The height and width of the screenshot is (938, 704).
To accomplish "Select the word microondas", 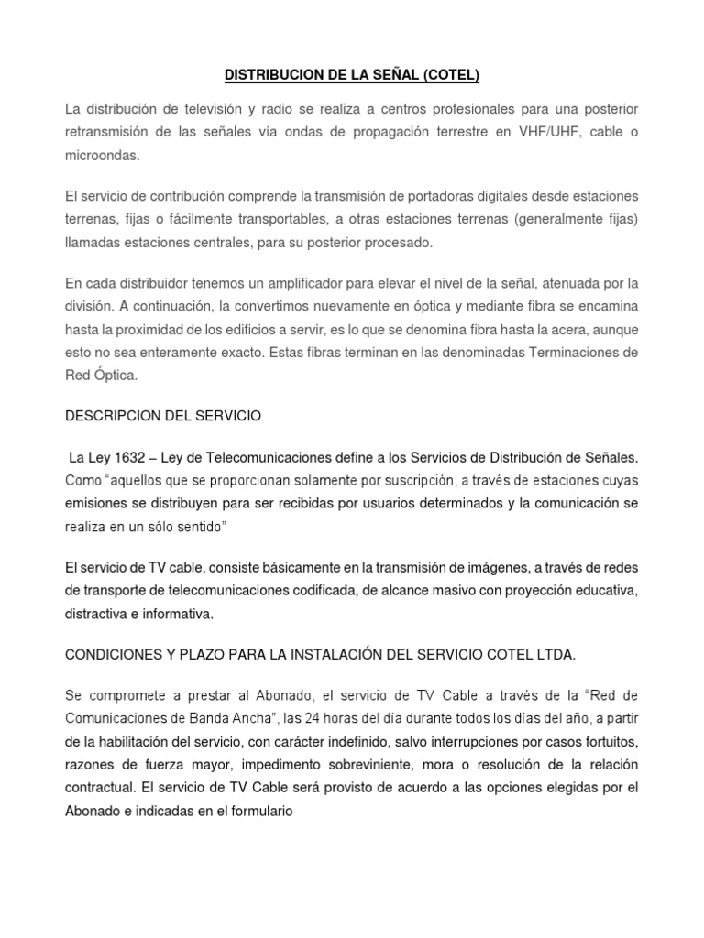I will pyautogui.click(x=103, y=157).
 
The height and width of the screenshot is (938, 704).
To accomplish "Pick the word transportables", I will pyautogui.click(x=265, y=219).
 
